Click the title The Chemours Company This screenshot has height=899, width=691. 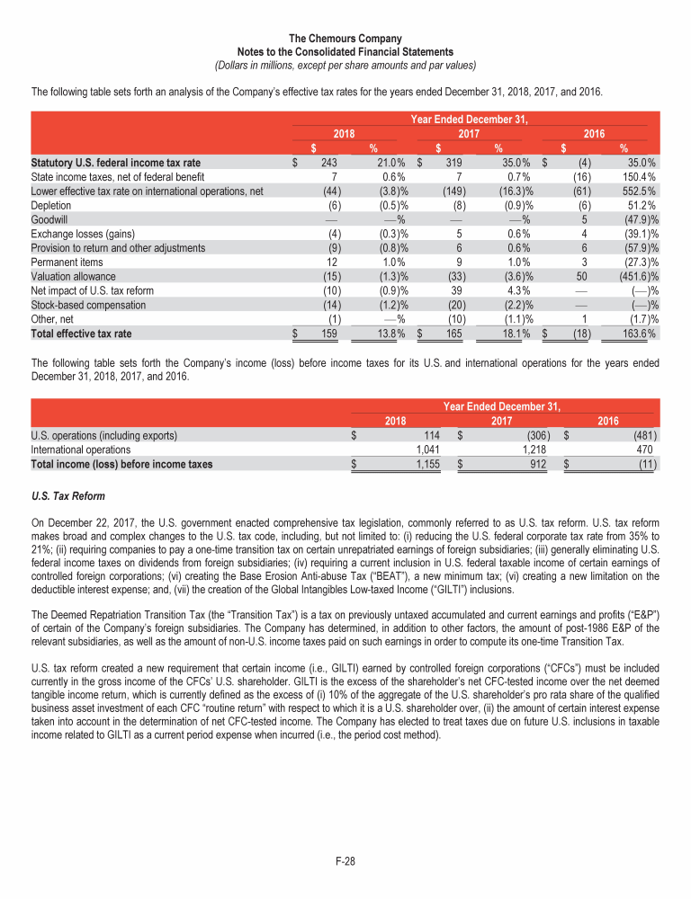pos(345,39)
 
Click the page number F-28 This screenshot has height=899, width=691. pos(345,862)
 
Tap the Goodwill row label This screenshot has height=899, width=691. pos(49,218)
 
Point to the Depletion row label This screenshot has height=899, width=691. pos(51,204)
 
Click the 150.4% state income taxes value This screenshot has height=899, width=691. pos(638,176)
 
